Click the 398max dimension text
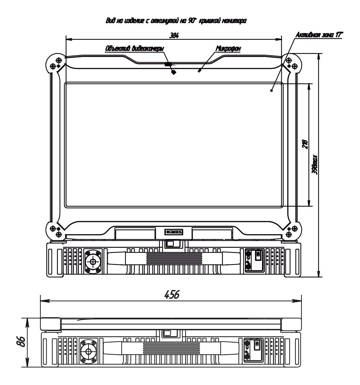315,165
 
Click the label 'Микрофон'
228,48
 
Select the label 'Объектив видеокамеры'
134,49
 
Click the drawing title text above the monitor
175,21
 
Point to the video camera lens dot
174,72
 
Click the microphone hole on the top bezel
199,70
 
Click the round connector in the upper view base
93,261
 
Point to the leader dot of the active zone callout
271,91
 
